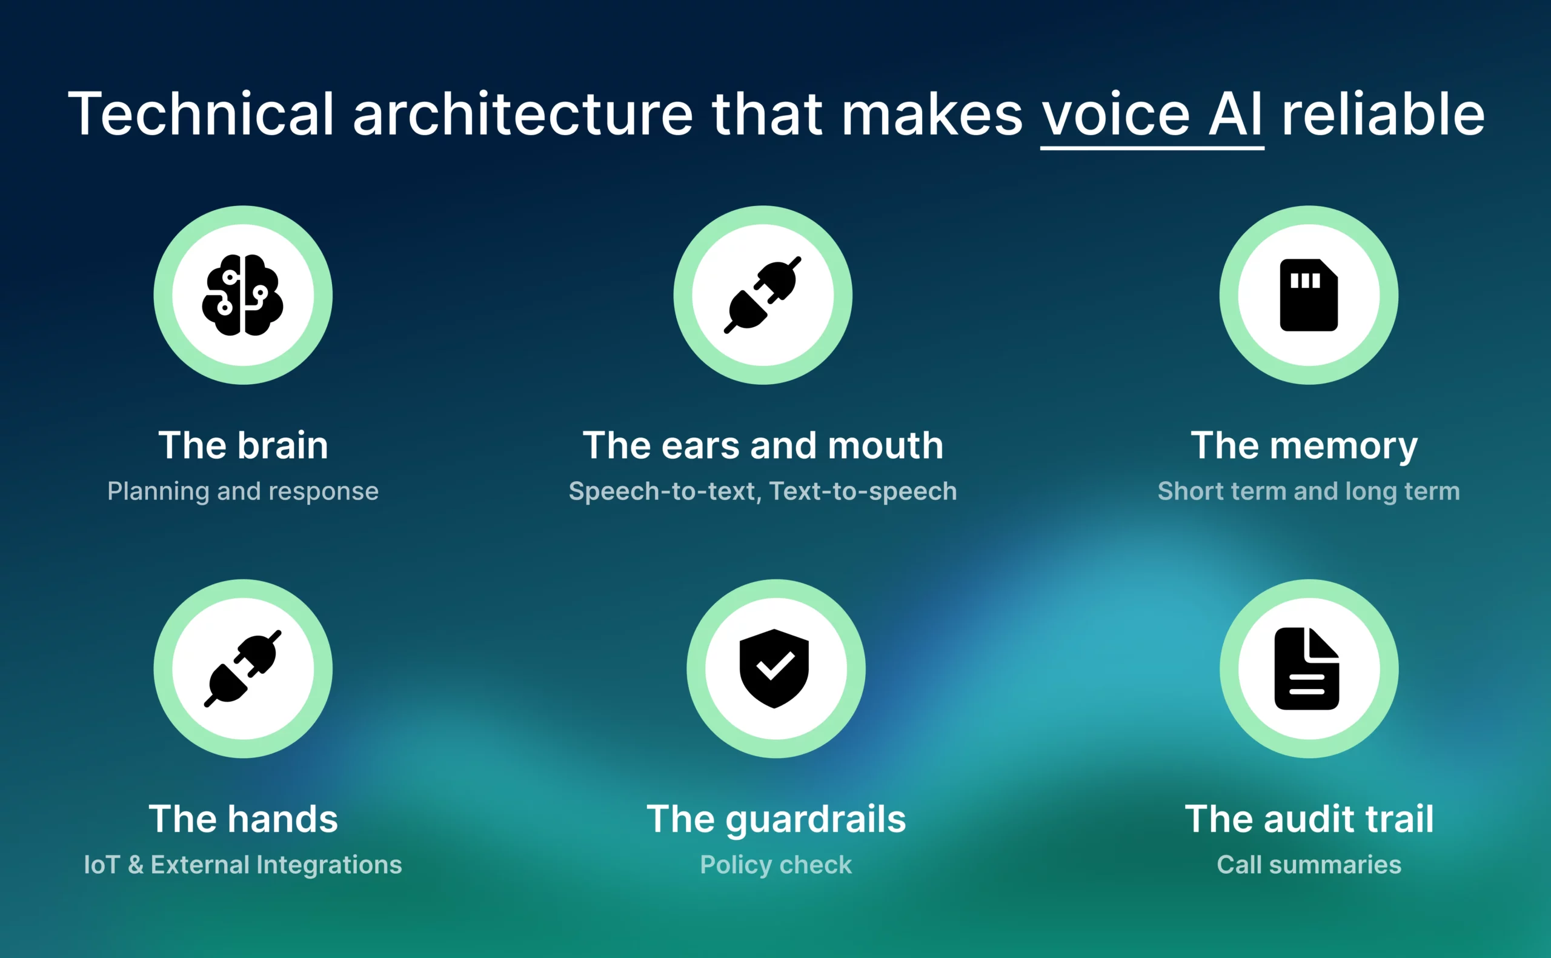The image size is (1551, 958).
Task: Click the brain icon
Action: [242, 294]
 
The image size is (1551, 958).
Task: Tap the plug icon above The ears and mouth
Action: [763, 294]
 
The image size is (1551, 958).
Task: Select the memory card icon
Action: [1309, 294]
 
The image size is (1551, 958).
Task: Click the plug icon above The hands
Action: [242, 668]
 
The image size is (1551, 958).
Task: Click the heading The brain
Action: [243, 445]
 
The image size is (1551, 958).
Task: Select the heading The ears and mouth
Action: [763, 445]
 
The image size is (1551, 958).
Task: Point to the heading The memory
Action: [1304, 445]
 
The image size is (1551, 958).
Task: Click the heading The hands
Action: [243, 819]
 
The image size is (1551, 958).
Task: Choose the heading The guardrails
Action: [776, 819]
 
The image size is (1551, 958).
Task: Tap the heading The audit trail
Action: [1309, 819]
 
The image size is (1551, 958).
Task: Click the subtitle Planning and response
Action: [242, 491]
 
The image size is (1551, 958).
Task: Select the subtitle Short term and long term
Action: [1309, 491]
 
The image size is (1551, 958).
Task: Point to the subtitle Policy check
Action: [776, 865]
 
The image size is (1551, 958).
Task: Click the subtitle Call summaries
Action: [1309, 865]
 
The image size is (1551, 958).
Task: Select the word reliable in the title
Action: [1383, 114]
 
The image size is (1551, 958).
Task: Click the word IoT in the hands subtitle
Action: [102, 865]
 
